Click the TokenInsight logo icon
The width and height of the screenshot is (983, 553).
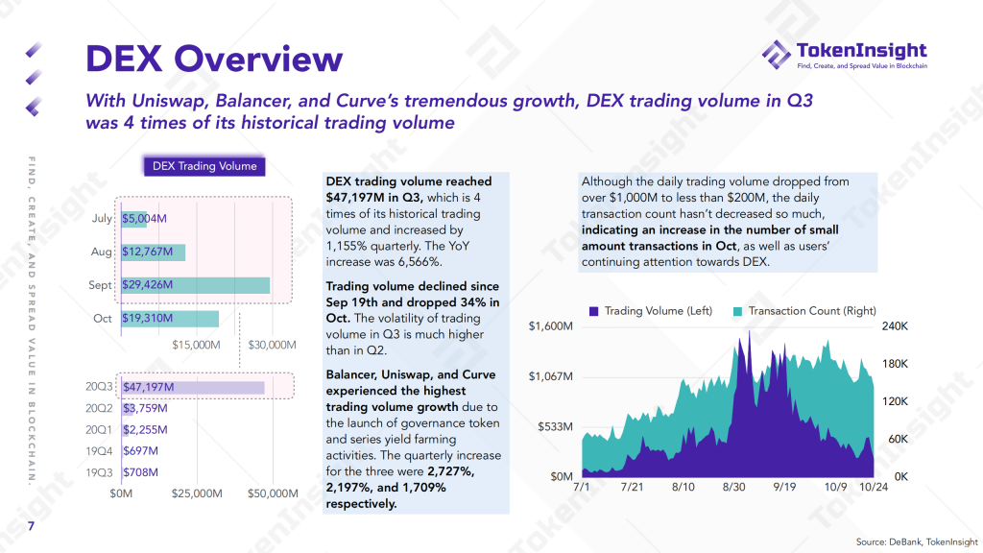click(776, 55)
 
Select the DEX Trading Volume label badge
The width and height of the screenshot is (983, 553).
click(204, 166)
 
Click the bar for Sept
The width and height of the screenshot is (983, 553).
click(196, 285)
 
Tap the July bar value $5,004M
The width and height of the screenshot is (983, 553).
click(144, 219)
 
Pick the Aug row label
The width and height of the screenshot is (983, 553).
click(102, 252)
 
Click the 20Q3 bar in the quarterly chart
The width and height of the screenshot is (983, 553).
click(193, 388)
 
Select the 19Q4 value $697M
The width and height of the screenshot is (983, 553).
click(140, 451)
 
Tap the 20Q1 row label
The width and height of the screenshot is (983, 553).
click(99, 430)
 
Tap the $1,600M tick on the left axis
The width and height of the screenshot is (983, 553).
click(552, 326)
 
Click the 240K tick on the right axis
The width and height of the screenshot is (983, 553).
click(895, 326)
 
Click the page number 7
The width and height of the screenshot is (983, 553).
click(31, 526)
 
